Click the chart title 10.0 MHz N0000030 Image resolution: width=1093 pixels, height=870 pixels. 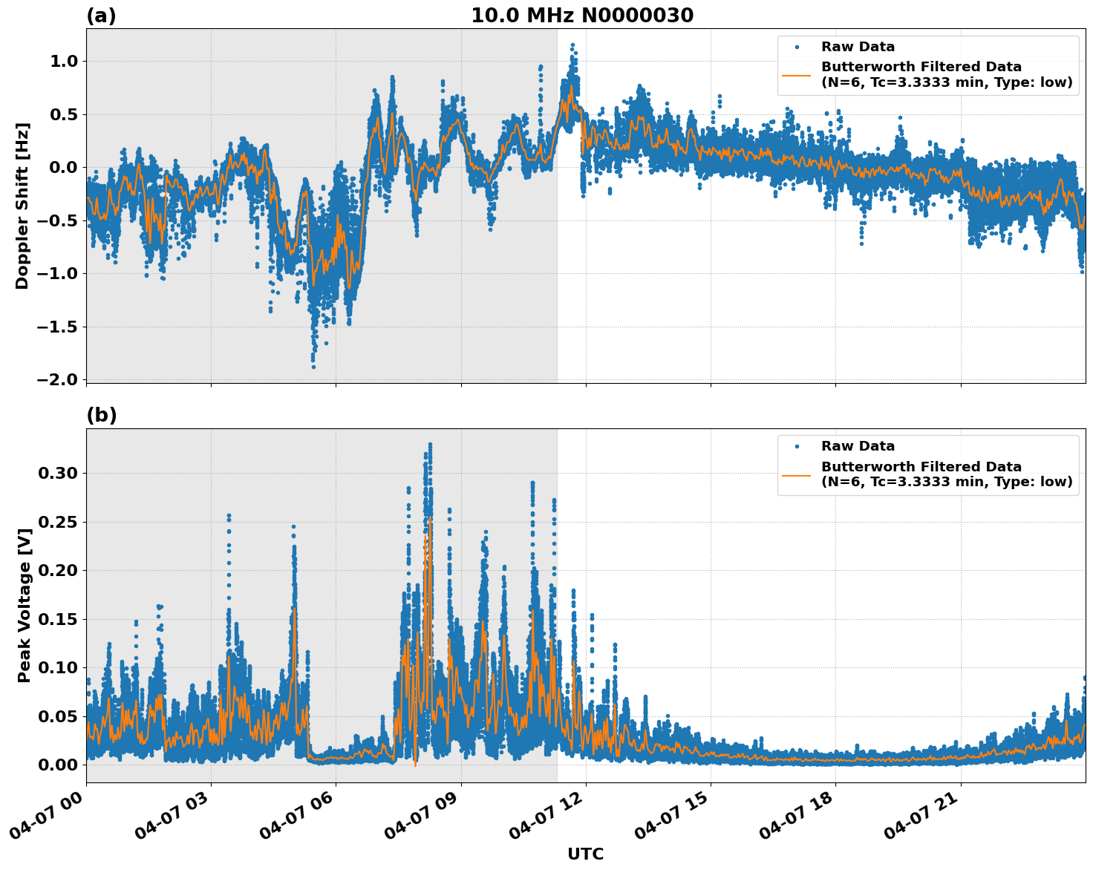[582, 16]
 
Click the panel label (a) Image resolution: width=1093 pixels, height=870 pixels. [101, 16]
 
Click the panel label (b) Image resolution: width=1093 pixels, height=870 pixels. [101, 415]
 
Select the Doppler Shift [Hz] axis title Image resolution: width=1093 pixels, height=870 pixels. [22, 206]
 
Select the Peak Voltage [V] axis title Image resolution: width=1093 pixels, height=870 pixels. [25, 605]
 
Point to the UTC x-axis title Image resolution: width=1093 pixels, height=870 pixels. [585, 854]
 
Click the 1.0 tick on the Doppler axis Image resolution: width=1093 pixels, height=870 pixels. [64, 61]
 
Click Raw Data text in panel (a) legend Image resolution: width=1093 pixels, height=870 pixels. [858, 47]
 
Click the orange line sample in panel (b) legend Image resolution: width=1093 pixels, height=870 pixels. [797, 474]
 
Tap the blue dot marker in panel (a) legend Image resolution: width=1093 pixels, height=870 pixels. [797, 47]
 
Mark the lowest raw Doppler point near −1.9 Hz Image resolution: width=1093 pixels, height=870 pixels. [313, 367]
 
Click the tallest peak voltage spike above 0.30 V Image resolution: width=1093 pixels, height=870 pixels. [430, 445]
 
